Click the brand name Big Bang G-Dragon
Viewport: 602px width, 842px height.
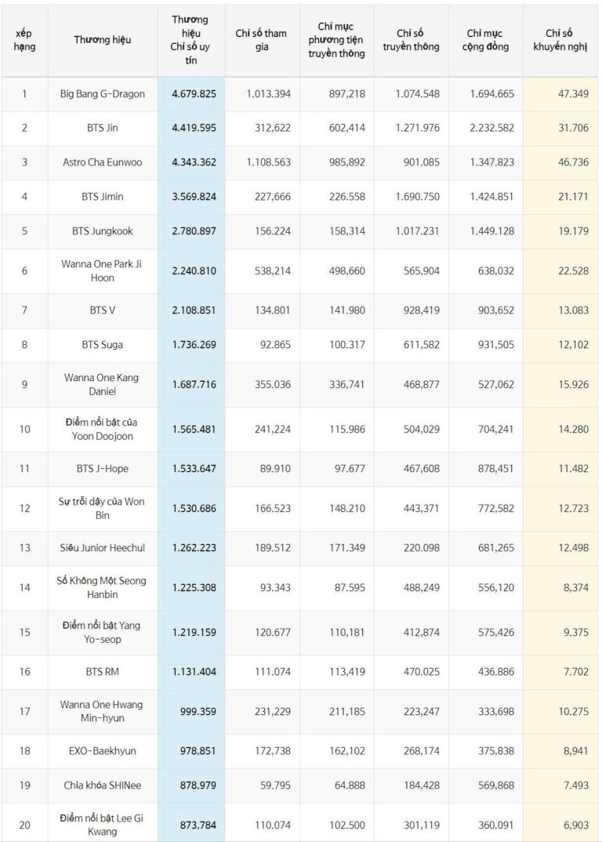pyautogui.click(x=103, y=94)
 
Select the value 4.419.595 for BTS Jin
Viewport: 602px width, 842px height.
pyautogui.click(x=194, y=128)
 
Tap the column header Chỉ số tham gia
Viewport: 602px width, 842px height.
pyautogui.click(x=261, y=39)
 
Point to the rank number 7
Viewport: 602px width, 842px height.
pyautogui.click(x=24, y=310)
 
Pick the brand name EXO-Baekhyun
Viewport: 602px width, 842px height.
pyautogui.click(x=103, y=751)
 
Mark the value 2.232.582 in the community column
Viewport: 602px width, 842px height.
pyautogui.click(x=491, y=128)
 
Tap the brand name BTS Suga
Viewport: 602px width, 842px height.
pyautogui.click(x=103, y=345)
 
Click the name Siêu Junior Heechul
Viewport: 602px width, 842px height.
pyautogui.click(x=103, y=549)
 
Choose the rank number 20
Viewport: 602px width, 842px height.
pyautogui.click(x=24, y=825)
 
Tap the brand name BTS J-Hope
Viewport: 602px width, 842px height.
pyautogui.click(x=103, y=469)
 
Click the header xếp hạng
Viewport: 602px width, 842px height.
pyautogui.click(x=24, y=39)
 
